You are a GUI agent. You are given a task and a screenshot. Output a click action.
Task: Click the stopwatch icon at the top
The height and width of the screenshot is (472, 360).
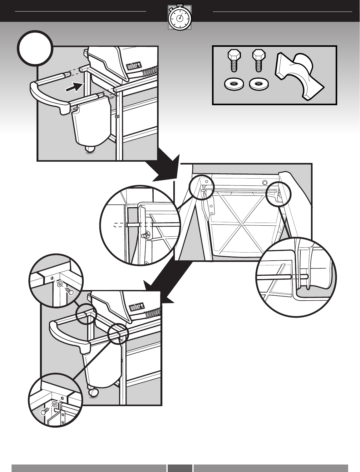(x=180, y=17)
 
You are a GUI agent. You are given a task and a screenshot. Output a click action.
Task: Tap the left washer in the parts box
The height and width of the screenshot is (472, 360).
(x=234, y=84)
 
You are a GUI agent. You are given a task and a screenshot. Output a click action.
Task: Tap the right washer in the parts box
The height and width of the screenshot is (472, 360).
(x=259, y=84)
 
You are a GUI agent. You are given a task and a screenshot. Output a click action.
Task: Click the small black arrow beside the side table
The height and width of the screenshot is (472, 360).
(x=74, y=87)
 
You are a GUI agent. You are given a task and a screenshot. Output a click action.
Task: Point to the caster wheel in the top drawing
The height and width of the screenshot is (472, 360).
(x=90, y=149)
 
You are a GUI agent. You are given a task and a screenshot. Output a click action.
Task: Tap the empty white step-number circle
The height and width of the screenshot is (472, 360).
(x=35, y=48)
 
